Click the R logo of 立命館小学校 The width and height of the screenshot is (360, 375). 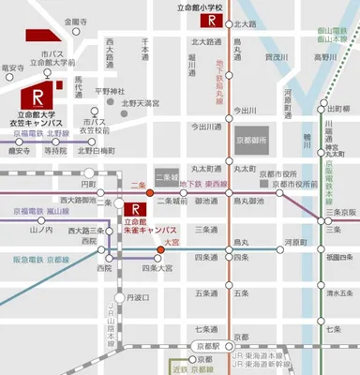click(215, 21)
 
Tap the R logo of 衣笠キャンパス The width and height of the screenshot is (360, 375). click(38, 97)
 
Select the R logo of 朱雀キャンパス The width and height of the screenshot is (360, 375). click(139, 210)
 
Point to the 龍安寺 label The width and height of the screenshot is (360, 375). click(13, 67)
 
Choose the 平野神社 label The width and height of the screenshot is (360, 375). click(110, 91)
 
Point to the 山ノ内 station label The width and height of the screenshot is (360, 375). click(41, 230)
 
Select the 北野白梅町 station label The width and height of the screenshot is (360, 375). click(97, 150)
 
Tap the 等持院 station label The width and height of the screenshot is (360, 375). click(54, 150)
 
